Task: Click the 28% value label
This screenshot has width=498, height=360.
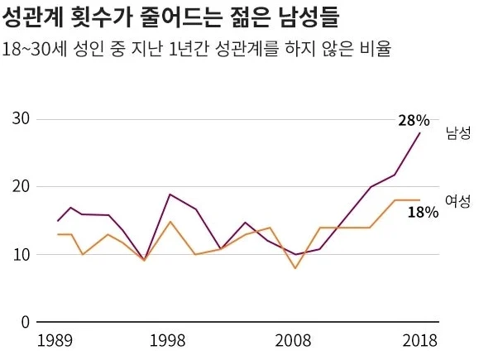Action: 414,121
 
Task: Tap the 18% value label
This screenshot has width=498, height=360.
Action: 423,212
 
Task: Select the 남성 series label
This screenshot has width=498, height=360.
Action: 458,132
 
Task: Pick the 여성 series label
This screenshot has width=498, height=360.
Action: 457,201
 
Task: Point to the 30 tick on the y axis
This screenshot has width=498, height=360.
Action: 21,118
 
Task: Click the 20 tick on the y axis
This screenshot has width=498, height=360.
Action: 21,186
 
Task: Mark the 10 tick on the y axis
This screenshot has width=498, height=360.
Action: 21,255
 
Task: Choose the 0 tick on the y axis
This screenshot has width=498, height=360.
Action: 26,322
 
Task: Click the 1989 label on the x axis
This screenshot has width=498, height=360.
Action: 55,341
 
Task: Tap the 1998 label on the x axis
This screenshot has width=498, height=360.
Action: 167,341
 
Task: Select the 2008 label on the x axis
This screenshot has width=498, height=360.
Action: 293,341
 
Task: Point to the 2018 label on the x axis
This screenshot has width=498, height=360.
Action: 420,341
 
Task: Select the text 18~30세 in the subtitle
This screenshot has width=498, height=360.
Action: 35,50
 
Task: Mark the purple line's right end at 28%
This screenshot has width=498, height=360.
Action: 420,132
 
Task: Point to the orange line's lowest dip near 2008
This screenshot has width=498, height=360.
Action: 295,268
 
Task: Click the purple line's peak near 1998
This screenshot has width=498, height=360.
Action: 170,194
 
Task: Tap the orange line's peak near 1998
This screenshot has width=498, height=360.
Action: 170,221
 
